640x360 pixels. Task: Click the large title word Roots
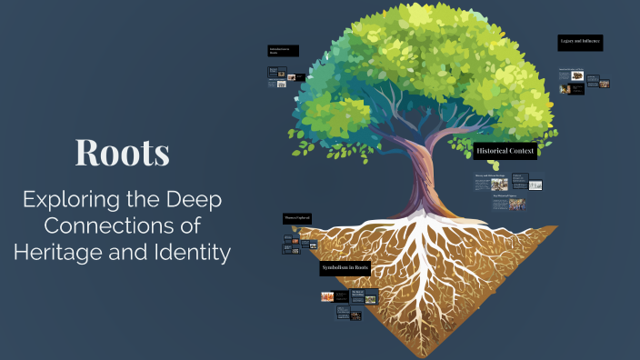pyautogui.click(x=123, y=152)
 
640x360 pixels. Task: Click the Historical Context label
pyautogui.click(x=505, y=150)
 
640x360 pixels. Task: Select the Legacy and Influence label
pyautogui.click(x=580, y=43)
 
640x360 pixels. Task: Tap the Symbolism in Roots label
pyautogui.click(x=345, y=269)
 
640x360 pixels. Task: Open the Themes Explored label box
pyautogui.click(x=297, y=219)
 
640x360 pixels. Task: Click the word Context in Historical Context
pyautogui.click(x=520, y=150)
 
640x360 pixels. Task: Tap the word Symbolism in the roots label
pyautogui.click(x=335, y=269)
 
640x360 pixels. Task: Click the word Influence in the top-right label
pyautogui.click(x=591, y=43)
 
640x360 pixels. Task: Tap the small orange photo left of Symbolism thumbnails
pyautogui.click(x=327, y=296)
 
